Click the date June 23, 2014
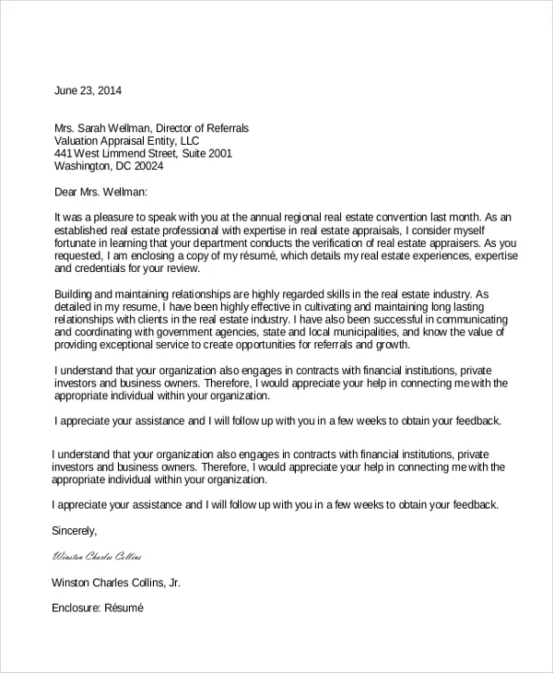click(88, 91)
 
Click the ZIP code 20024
click(147, 167)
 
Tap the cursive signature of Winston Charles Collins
click(98, 557)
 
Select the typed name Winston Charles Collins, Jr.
click(117, 583)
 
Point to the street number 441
click(64, 154)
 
